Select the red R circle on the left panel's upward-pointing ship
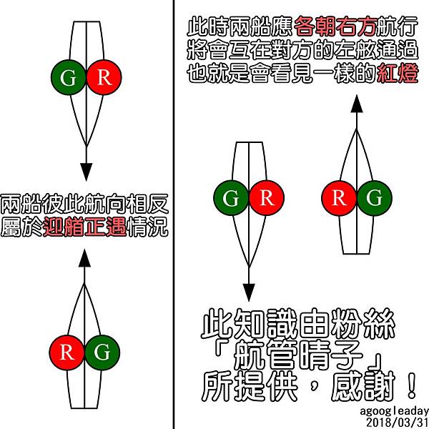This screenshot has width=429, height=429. [67, 352]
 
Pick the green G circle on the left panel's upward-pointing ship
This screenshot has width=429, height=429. [102, 352]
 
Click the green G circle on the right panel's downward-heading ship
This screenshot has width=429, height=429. [232, 198]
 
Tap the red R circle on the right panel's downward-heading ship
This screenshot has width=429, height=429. [267, 198]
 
